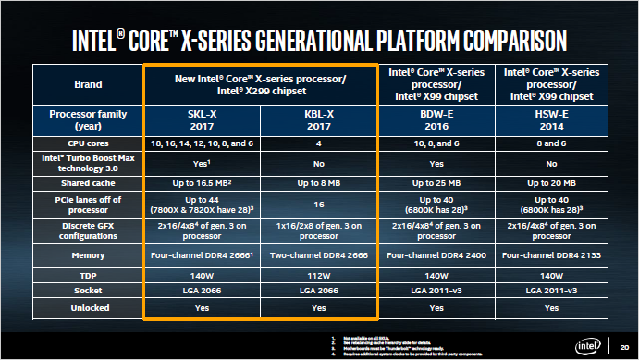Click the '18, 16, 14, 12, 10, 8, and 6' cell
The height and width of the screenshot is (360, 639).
[x=203, y=143]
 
